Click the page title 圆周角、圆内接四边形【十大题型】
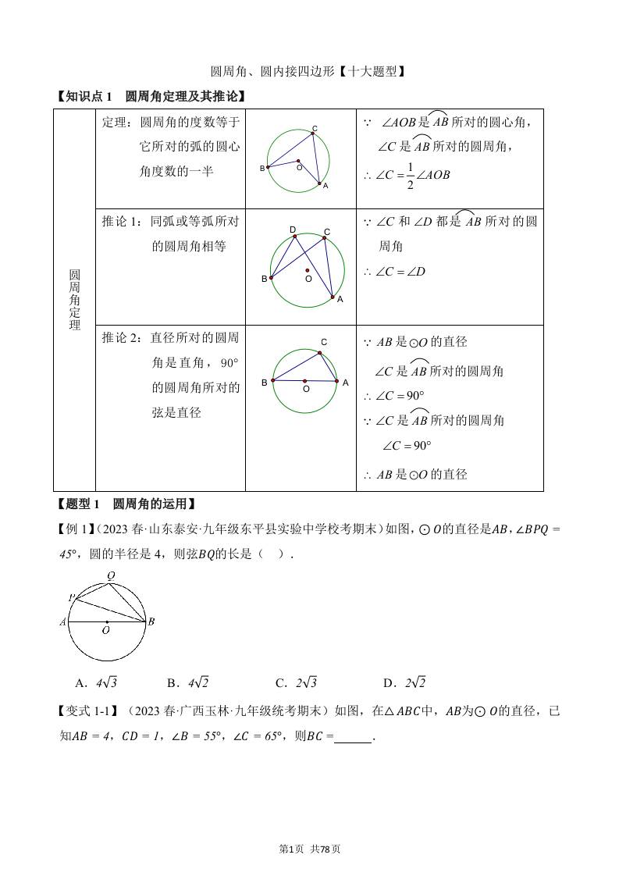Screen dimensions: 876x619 (x=308, y=72)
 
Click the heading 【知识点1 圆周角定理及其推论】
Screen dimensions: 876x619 (x=151, y=96)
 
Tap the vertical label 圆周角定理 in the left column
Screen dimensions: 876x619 (x=75, y=300)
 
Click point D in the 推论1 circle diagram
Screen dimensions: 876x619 (x=293, y=235)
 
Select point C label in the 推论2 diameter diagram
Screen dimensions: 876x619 (x=323, y=342)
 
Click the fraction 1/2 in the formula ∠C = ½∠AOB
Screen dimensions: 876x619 (x=410, y=175)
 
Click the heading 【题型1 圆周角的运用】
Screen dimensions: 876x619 (x=125, y=504)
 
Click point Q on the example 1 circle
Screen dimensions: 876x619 (x=112, y=576)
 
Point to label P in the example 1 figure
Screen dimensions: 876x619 (x=71, y=598)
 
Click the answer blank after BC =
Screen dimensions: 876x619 (x=352, y=735)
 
